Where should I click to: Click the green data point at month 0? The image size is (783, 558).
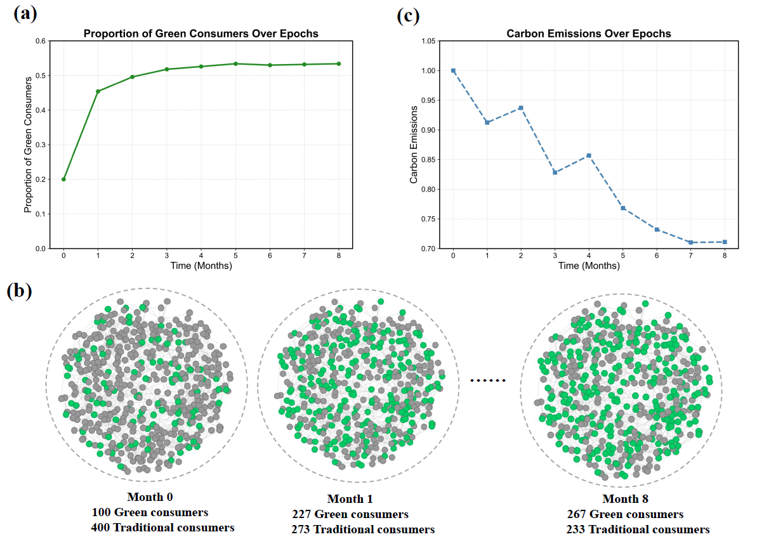(x=63, y=179)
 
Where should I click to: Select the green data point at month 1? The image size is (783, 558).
(x=98, y=91)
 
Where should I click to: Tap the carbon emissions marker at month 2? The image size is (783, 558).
(x=521, y=108)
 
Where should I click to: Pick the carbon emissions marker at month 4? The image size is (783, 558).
(x=589, y=155)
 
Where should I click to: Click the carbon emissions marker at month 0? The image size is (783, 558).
(x=453, y=70)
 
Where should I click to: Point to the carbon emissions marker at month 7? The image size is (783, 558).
(x=690, y=242)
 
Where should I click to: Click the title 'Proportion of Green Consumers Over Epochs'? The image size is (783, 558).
(x=201, y=33)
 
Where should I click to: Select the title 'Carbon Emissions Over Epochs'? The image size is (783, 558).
(x=588, y=33)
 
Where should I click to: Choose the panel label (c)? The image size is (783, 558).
(x=408, y=15)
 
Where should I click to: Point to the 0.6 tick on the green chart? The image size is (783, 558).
(x=41, y=41)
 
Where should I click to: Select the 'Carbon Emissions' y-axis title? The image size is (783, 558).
(x=414, y=145)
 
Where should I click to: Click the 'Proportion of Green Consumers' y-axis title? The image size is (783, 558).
(x=29, y=145)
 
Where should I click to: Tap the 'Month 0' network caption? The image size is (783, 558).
(x=150, y=496)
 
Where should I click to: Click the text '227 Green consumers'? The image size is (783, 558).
(x=350, y=514)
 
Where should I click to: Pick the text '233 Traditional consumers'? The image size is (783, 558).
(x=638, y=529)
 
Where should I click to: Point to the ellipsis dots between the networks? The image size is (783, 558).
(x=487, y=380)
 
